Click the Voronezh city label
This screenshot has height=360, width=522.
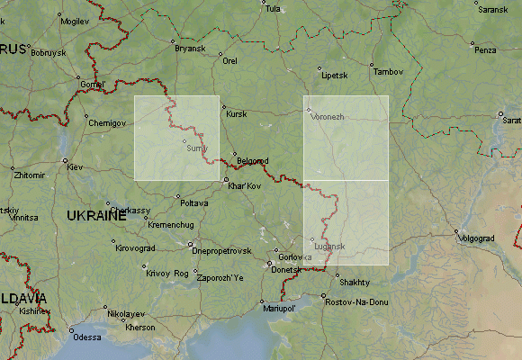[328, 117]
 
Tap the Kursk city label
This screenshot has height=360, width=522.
[236, 114]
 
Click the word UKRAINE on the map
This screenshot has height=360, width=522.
[96, 216]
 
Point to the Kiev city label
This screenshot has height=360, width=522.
[75, 167]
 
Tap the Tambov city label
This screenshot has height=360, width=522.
[389, 71]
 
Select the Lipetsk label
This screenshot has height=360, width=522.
[334, 75]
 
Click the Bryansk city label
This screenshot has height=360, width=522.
[190, 48]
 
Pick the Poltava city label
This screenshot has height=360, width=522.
[193, 202]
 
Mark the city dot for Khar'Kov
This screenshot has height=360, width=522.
[226, 180]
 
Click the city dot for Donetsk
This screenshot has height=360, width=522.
[270, 264]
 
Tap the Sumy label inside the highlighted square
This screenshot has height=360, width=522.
[197, 148]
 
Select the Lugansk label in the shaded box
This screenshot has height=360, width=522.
[329, 246]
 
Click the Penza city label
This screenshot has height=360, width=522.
[485, 49]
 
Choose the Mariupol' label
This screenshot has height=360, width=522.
[279, 309]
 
